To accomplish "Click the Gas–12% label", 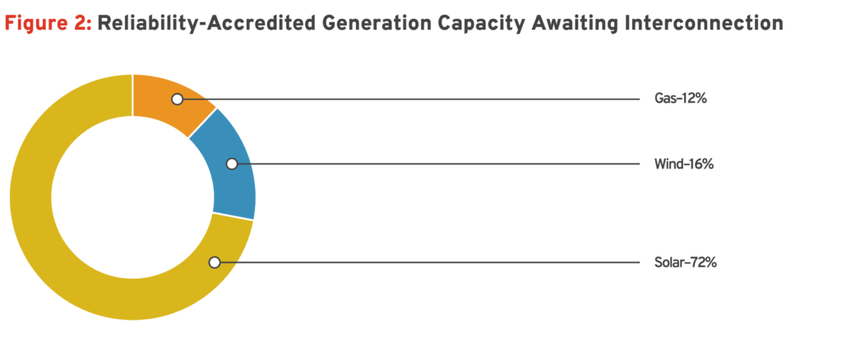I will tap(680, 99).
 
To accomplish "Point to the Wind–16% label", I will tap(683, 164).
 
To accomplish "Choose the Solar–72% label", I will tap(685, 262).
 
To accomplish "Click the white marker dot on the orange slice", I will tap(177, 99).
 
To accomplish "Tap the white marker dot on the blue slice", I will tap(232, 164).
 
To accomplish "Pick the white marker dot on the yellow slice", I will tap(215, 262).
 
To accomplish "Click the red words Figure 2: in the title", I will tap(48, 23).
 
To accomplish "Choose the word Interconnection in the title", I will tap(715, 23).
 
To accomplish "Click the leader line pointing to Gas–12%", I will tap(411, 99).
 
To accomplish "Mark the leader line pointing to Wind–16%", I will tap(436, 164).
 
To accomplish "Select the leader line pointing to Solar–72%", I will tap(428, 262).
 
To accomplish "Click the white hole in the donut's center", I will tap(132, 197).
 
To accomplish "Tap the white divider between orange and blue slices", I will tap(202, 122).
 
